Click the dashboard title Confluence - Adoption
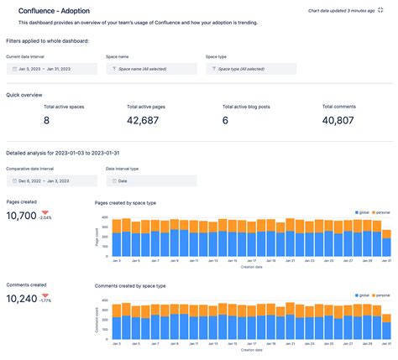pyautogui.click(x=55, y=10)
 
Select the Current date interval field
pyautogui.click(x=50, y=70)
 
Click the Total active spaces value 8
pyautogui.click(x=46, y=121)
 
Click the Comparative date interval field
pyautogui.click(x=50, y=180)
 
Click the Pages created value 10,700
pyautogui.click(x=21, y=216)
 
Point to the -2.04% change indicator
pyautogui.click(x=45, y=217)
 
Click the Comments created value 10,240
pyautogui.click(x=21, y=298)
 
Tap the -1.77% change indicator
pyautogui.click(x=45, y=299)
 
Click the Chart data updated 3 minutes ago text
pyautogui.click(x=340, y=9)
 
